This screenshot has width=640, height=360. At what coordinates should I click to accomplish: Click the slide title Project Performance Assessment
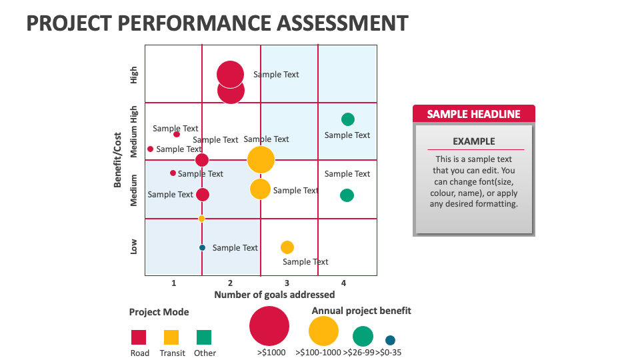pyautogui.click(x=217, y=23)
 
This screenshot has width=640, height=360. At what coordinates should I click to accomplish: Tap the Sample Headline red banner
pyautogui.click(x=473, y=114)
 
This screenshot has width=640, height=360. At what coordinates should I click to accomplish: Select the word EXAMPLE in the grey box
pyautogui.click(x=473, y=141)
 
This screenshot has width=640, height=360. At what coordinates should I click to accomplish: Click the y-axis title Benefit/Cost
pyautogui.click(x=117, y=160)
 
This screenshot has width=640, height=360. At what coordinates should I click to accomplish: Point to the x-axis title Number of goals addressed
pyautogui.click(x=274, y=295)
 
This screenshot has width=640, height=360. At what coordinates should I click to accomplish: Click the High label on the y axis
pyautogui.click(x=134, y=75)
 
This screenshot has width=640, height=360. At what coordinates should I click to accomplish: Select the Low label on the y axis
pyautogui.click(x=134, y=247)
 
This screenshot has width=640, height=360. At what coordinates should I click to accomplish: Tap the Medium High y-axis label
pyautogui.click(x=134, y=131)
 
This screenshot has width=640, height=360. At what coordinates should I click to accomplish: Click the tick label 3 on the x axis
pyautogui.click(x=287, y=283)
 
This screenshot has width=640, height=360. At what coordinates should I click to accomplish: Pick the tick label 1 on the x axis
pyautogui.click(x=174, y=283)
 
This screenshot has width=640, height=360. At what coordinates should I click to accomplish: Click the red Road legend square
pyautogui.click(x=139, y=337)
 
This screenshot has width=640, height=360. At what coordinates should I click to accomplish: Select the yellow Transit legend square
pyautogui.click(x=171, y=337)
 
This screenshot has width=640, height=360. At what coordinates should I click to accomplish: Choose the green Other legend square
pyautogui.click(x=204, y=337)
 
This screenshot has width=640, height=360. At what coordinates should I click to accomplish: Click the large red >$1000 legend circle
pyautogui.click(x=269, y=326)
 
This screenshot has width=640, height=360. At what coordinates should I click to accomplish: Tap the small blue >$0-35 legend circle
pyautogui.click(x=390, y=340)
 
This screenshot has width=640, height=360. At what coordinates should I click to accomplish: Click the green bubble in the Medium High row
pyautogui.click(x=347, y=119)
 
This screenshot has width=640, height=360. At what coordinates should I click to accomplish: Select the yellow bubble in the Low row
pyautogui.click(x=287, y=247)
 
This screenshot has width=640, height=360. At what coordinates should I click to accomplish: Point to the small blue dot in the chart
pyautogui.click(x=202, y=247)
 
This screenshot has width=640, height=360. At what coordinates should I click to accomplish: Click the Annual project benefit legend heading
pyautogui.click(x=361, y=311)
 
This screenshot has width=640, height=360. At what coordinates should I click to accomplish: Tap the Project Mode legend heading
pyautogui.click(x=159, y=312)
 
